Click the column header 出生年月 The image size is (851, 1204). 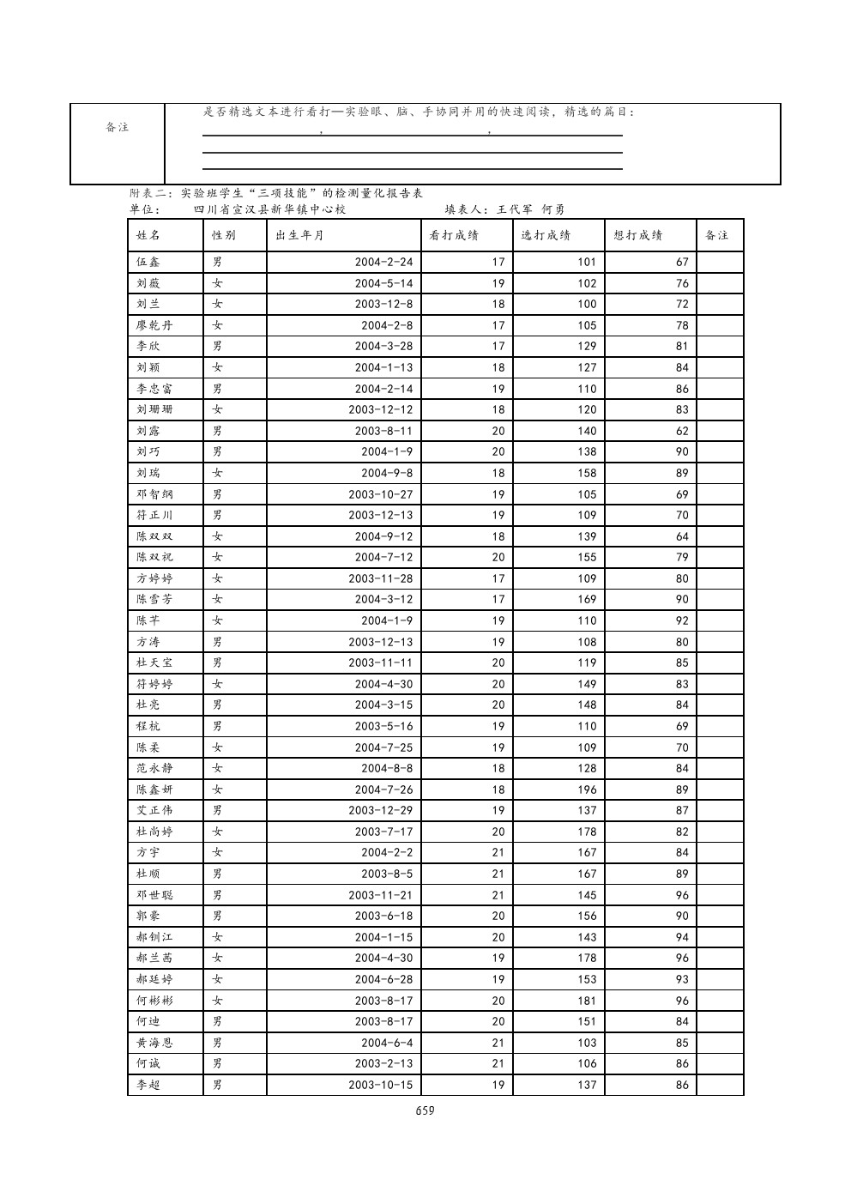click(x=299, y=236)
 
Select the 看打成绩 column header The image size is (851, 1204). click(x=454, y=236)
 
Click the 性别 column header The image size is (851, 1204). click(x=224, y=236)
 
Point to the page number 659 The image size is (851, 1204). click(x=425, y=1110)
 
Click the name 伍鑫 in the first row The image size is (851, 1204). click(x=148, y=262)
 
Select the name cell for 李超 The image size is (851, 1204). click(x=148, y=1086)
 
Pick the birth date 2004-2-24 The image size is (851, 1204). click(x=383, y=262)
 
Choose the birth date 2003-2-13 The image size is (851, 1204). click(x=383, y=1064)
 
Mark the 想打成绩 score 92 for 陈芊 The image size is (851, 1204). click(x=681, y=620)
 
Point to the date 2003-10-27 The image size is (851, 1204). click(x=380, y=494)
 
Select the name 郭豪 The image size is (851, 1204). click(x=148, y=917)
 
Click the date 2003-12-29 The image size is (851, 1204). click(x=380, y=811)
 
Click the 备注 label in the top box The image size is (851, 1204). click(x=118, y=128)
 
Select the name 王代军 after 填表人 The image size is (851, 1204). click(x=515, y=209)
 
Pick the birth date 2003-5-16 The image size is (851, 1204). click(x=383, y=726)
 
